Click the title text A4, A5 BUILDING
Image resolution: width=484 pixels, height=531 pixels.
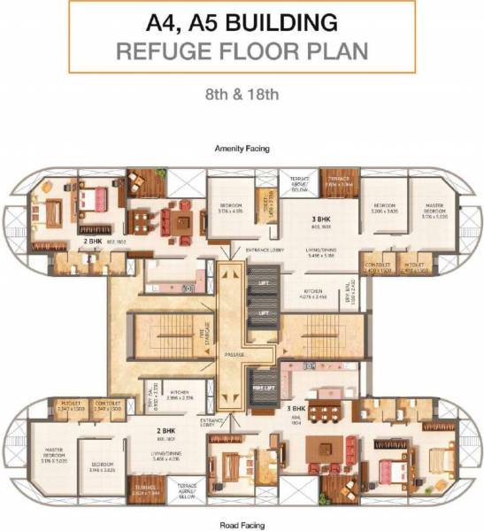pos(242,20)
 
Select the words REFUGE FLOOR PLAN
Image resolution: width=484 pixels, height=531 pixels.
pos(242,49)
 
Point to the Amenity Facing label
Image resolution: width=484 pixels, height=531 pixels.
pos(242,150)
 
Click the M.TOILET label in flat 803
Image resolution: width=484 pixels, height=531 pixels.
pos(415,266)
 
